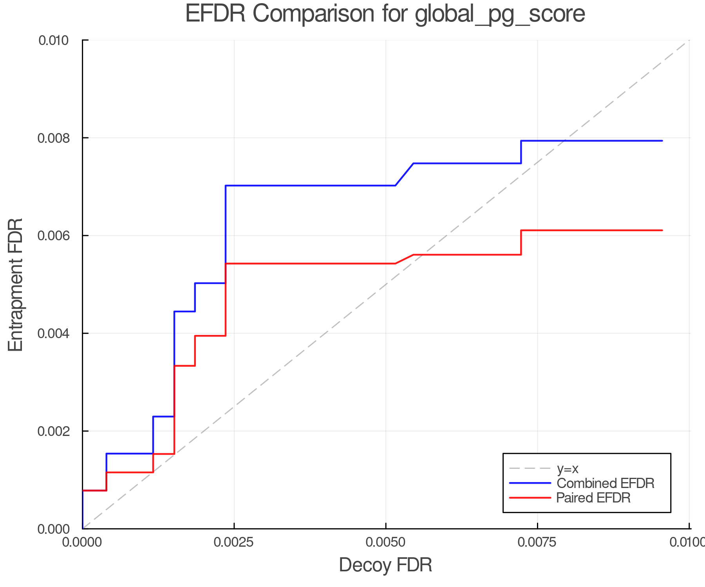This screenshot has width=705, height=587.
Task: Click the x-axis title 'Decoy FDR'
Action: click(385, 565)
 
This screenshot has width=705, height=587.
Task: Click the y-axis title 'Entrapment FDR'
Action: click(16, 284)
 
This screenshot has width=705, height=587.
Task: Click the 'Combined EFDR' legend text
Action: click(606, 483)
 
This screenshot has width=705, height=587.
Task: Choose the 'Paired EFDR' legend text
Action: click(593, 498)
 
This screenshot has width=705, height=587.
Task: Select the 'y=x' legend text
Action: click(568, 469)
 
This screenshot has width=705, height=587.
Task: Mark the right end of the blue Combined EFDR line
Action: click(662, 141)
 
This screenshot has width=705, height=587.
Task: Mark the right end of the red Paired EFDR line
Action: click(662, 230)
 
